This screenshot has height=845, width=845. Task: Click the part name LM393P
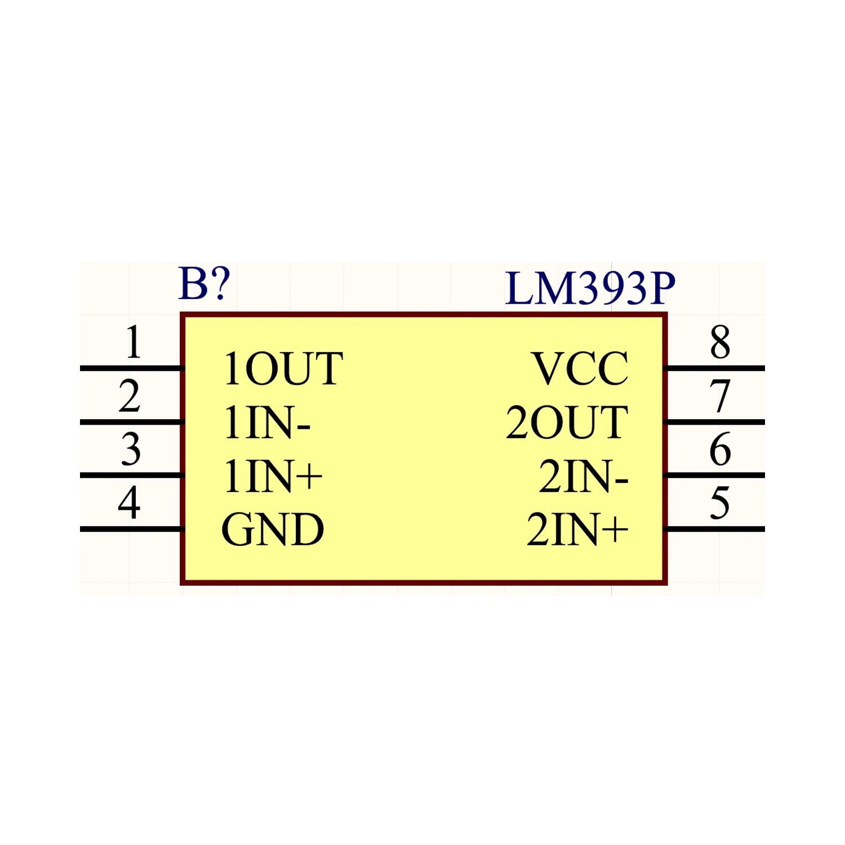pyautogui.click(x=590, y=288)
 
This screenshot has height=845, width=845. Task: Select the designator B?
pyautogui.click(x=204, y=283)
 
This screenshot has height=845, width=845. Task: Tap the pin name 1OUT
pyautogui.click(x=283, y=369)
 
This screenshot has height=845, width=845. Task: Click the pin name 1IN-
pyautogui.click(x=267, y=422)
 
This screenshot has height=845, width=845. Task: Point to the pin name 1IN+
pyautogui.click(x=273, y=476)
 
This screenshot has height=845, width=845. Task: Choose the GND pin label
pyautogui.click(x=273, y=530)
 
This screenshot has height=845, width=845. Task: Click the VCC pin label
pyautogui.click(x=580, y=369)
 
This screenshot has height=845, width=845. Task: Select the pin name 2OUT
pyautogui.click(x=567, y=422)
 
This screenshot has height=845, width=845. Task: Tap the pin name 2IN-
pyautogui.click(x=583, y=476)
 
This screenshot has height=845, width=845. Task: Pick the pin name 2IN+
pyautogui.click(x=577, y=530)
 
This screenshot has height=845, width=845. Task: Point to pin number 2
pyautogui.click(x=130, y=395)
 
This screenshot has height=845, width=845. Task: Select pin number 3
pyautogui.click(x=131, y=449)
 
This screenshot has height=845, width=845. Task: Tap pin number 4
pyautogui.click(x=129, y=502)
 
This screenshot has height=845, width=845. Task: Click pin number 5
pyautogui.click(x=720, y=502)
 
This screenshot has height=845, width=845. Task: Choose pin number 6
pyautogui.click(x=720, y=449)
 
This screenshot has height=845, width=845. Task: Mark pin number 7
pyautogui.click(x=720, y=395)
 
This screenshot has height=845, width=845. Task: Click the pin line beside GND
pyautogui.click(x=132, y=529)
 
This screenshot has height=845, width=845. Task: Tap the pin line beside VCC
pyautogui.click(x=714, y=368)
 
